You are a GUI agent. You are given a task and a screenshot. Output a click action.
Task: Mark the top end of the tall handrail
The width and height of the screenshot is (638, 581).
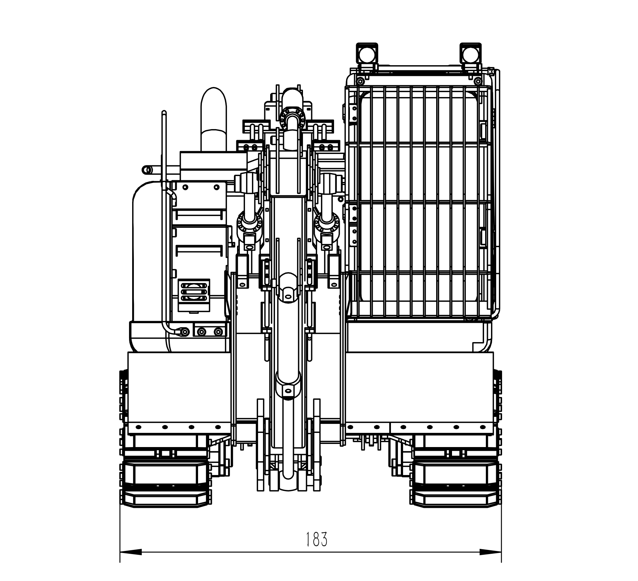[164, 113]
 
